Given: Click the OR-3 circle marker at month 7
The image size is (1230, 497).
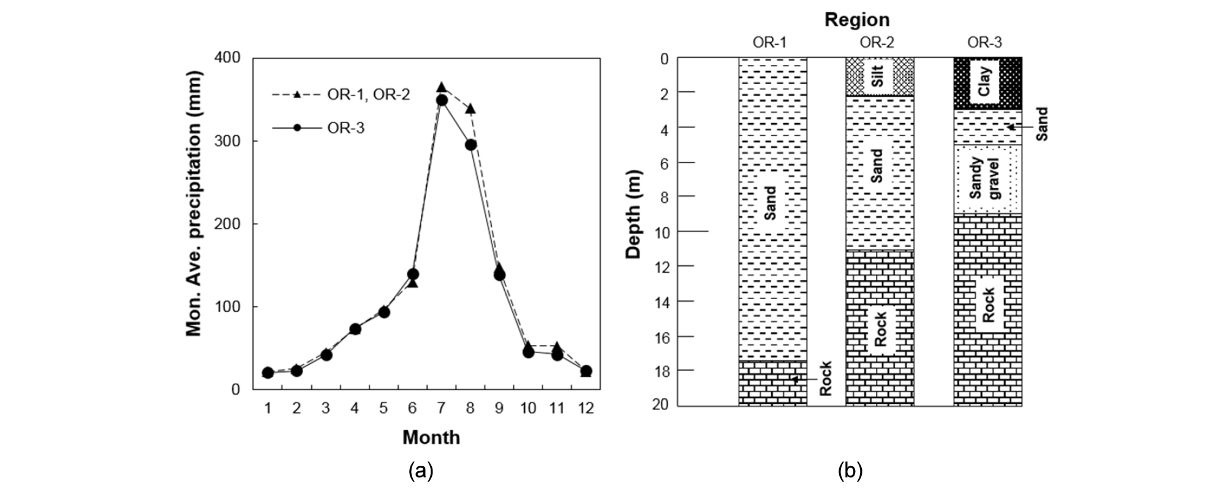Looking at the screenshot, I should pos(442,100).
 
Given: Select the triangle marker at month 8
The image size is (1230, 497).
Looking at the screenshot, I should pos(470,109).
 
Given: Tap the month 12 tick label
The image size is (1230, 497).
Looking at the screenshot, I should pos(586,408).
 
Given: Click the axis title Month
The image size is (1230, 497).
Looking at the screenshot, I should pos(431,438).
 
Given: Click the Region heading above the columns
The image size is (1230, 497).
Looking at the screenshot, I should pos(856,20).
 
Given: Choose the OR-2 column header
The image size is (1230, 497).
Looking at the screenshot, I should pos(877,42).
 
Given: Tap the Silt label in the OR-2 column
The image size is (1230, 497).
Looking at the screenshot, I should pos(880,77).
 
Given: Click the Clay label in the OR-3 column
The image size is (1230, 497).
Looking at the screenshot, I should pos(984,82).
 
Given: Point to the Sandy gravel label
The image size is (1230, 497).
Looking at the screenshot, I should pos(985,178).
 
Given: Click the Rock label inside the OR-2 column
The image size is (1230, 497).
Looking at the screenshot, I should pos(880,329).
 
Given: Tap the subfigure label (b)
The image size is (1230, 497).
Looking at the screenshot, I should pos(850,471).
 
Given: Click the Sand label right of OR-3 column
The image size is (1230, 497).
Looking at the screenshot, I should pos(1042,124).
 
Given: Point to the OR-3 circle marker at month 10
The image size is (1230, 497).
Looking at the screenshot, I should pos(528,352).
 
